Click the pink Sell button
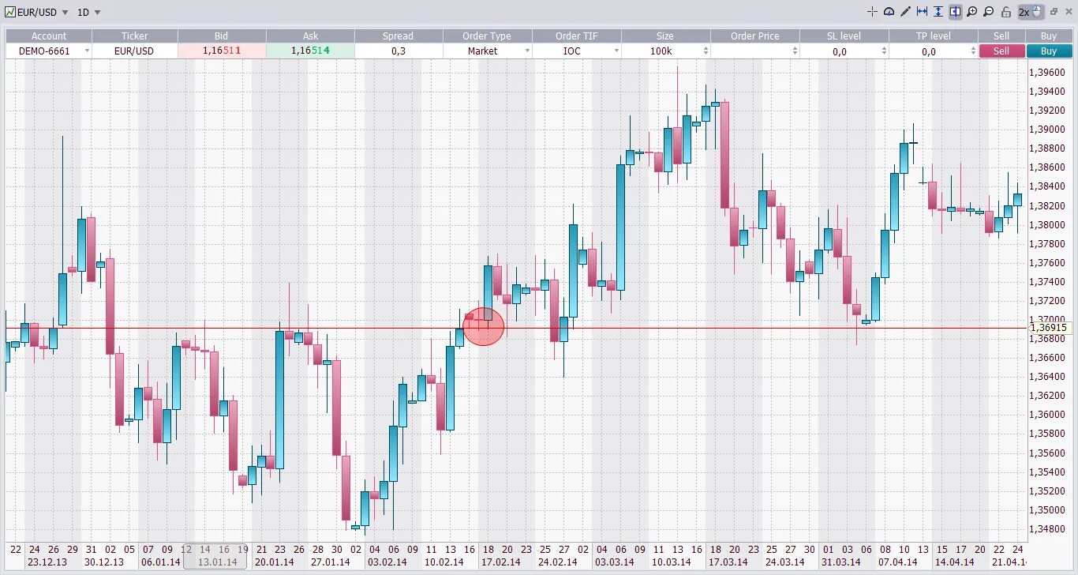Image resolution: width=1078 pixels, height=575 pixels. (1001, 51)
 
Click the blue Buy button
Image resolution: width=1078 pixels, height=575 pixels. (1048, 51)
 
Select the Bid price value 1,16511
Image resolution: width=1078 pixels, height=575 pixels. (222, 51)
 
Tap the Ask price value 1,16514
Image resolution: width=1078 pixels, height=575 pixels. (310, 51)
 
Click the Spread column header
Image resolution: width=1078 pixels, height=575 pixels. (398, 36)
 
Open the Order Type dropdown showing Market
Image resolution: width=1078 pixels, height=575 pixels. (487, 51)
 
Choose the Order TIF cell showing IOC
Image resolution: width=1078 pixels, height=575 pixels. (576, 51)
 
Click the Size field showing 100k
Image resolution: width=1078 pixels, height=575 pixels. (665, 51)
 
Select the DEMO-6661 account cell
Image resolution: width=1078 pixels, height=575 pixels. (49, 51)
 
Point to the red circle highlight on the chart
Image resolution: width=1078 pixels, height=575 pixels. (483, 326)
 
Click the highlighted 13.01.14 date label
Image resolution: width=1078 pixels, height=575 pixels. (216, 562)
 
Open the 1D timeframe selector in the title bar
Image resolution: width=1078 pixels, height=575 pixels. (88, 12)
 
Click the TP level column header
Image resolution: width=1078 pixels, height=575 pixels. (933, 36)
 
